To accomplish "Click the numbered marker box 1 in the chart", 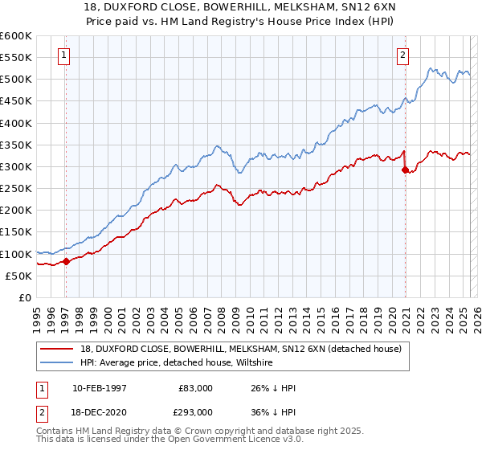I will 63,55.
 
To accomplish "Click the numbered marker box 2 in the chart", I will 402,55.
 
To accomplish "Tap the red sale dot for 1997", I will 66,261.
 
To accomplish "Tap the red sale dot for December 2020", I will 405,170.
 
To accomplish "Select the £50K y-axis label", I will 18,276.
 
